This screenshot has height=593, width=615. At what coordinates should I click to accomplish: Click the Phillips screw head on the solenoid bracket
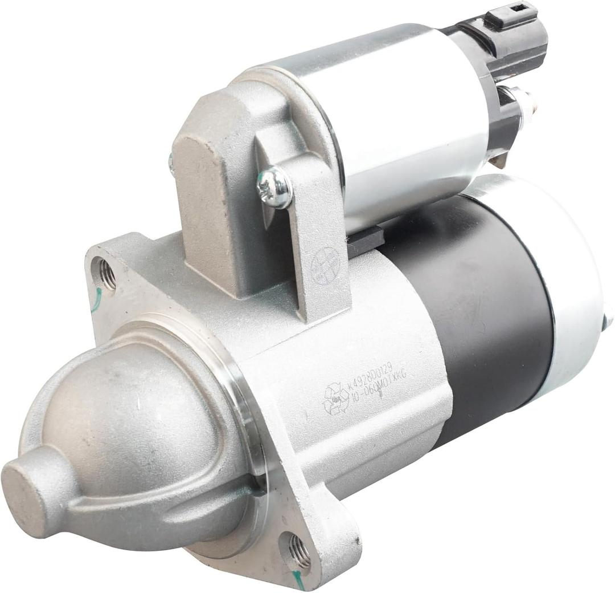274,186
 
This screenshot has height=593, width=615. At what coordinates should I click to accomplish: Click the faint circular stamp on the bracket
325,266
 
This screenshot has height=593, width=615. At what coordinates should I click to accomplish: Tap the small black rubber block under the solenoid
364,239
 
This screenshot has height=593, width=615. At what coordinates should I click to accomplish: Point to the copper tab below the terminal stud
500,160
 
